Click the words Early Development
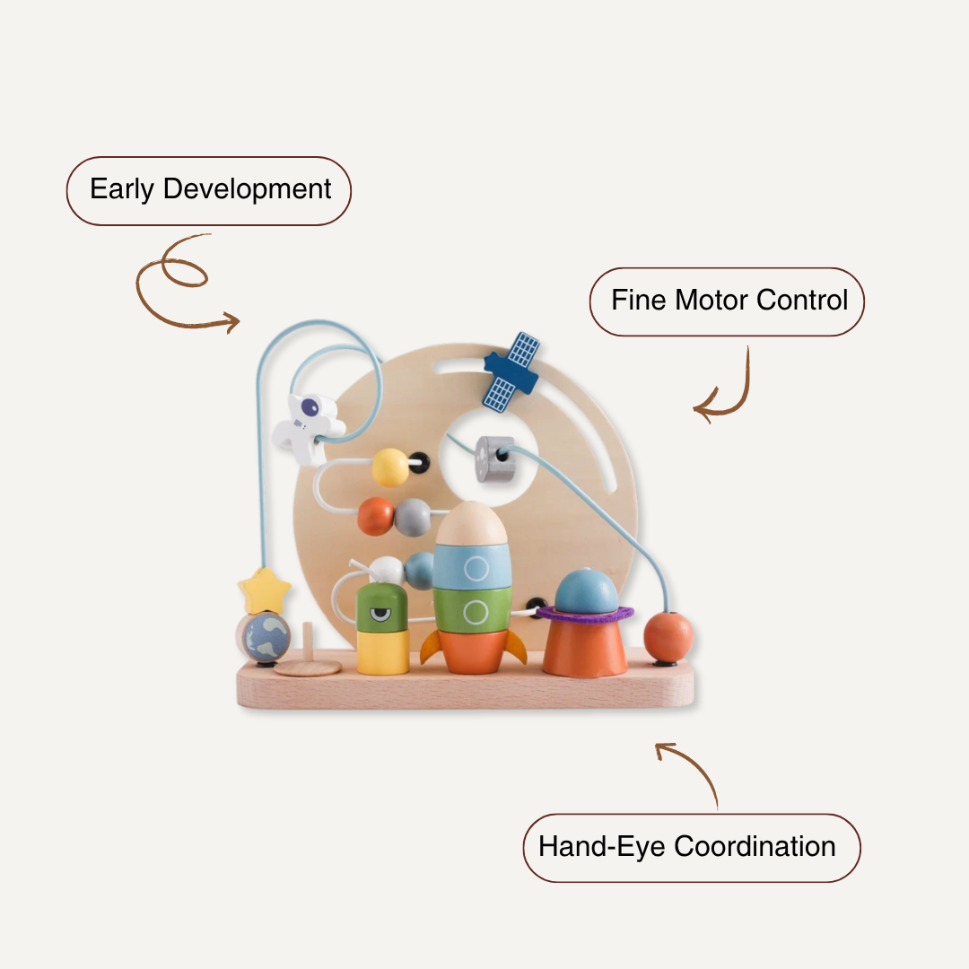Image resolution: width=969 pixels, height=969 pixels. (x=210, y=190)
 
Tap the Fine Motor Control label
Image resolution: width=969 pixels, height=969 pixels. (x=729, y=301)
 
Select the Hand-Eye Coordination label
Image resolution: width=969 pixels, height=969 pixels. (x=687, y=846)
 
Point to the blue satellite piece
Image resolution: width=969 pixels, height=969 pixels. (x=511, y=371)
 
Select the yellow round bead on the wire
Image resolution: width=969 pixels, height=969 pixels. (x=390, y=467)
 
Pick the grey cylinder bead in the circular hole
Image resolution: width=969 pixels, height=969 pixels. (x=495, y=458)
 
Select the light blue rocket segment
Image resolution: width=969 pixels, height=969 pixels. (x=472, y=566)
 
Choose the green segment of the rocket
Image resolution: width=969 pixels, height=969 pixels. (x=472, y=610)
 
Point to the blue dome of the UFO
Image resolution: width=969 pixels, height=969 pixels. (x=586, y=591)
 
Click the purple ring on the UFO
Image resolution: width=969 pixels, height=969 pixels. (x=585, y=615)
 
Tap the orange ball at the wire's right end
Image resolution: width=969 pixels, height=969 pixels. (x=668, y=635)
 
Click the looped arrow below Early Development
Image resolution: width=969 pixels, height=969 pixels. (x=179, y=283)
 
